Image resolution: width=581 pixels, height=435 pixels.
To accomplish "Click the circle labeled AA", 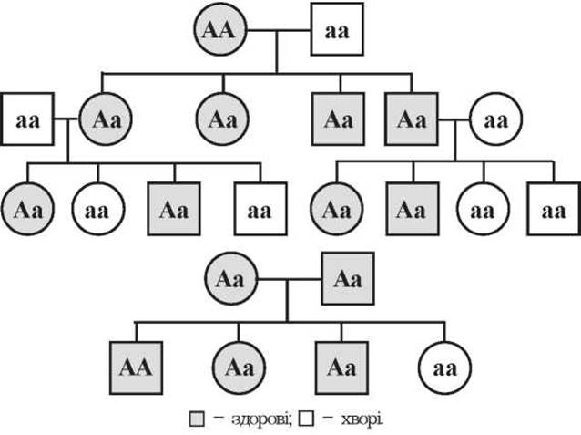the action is tap(220, 29).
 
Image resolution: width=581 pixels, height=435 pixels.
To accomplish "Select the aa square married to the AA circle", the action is tap(337, 29).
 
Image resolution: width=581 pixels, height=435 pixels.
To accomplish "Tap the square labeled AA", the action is tap(136, 368).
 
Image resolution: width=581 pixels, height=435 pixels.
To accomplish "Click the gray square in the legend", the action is tap(197, 419).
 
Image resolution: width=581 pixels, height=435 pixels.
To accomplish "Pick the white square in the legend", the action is tap(306, 419).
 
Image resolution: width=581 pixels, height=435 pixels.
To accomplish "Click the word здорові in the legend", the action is tap(262, 419).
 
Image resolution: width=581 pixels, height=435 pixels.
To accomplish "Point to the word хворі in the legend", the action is tap(362, 419).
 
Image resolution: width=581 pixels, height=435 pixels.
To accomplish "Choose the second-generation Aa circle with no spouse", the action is tap(222, 119).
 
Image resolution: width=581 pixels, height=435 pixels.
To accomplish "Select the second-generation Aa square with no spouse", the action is tap(338, 119).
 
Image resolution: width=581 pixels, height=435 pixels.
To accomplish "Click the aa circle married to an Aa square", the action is tap(496, 119).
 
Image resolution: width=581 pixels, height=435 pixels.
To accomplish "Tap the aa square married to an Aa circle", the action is tap(28, 119).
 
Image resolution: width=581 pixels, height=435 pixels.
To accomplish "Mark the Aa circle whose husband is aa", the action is tap(106, 119).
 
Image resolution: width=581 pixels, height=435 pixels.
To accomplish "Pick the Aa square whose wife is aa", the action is tap(412, 119).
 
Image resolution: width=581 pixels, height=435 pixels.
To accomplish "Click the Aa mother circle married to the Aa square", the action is tap(231, 279).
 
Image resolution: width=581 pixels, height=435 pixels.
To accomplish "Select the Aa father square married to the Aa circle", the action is tap(348, 279).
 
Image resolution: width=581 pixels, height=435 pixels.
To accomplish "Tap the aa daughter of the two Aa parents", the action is tap(444, 368).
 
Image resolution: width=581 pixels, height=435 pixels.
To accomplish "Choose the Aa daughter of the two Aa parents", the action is tap(239, 368).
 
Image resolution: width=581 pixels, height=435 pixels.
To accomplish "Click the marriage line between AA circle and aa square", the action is tap(279, 30).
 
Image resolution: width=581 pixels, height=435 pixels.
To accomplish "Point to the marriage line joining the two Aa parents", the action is tap(290, 279).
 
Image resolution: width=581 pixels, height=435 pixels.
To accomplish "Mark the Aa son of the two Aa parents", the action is tap(341, 368).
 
